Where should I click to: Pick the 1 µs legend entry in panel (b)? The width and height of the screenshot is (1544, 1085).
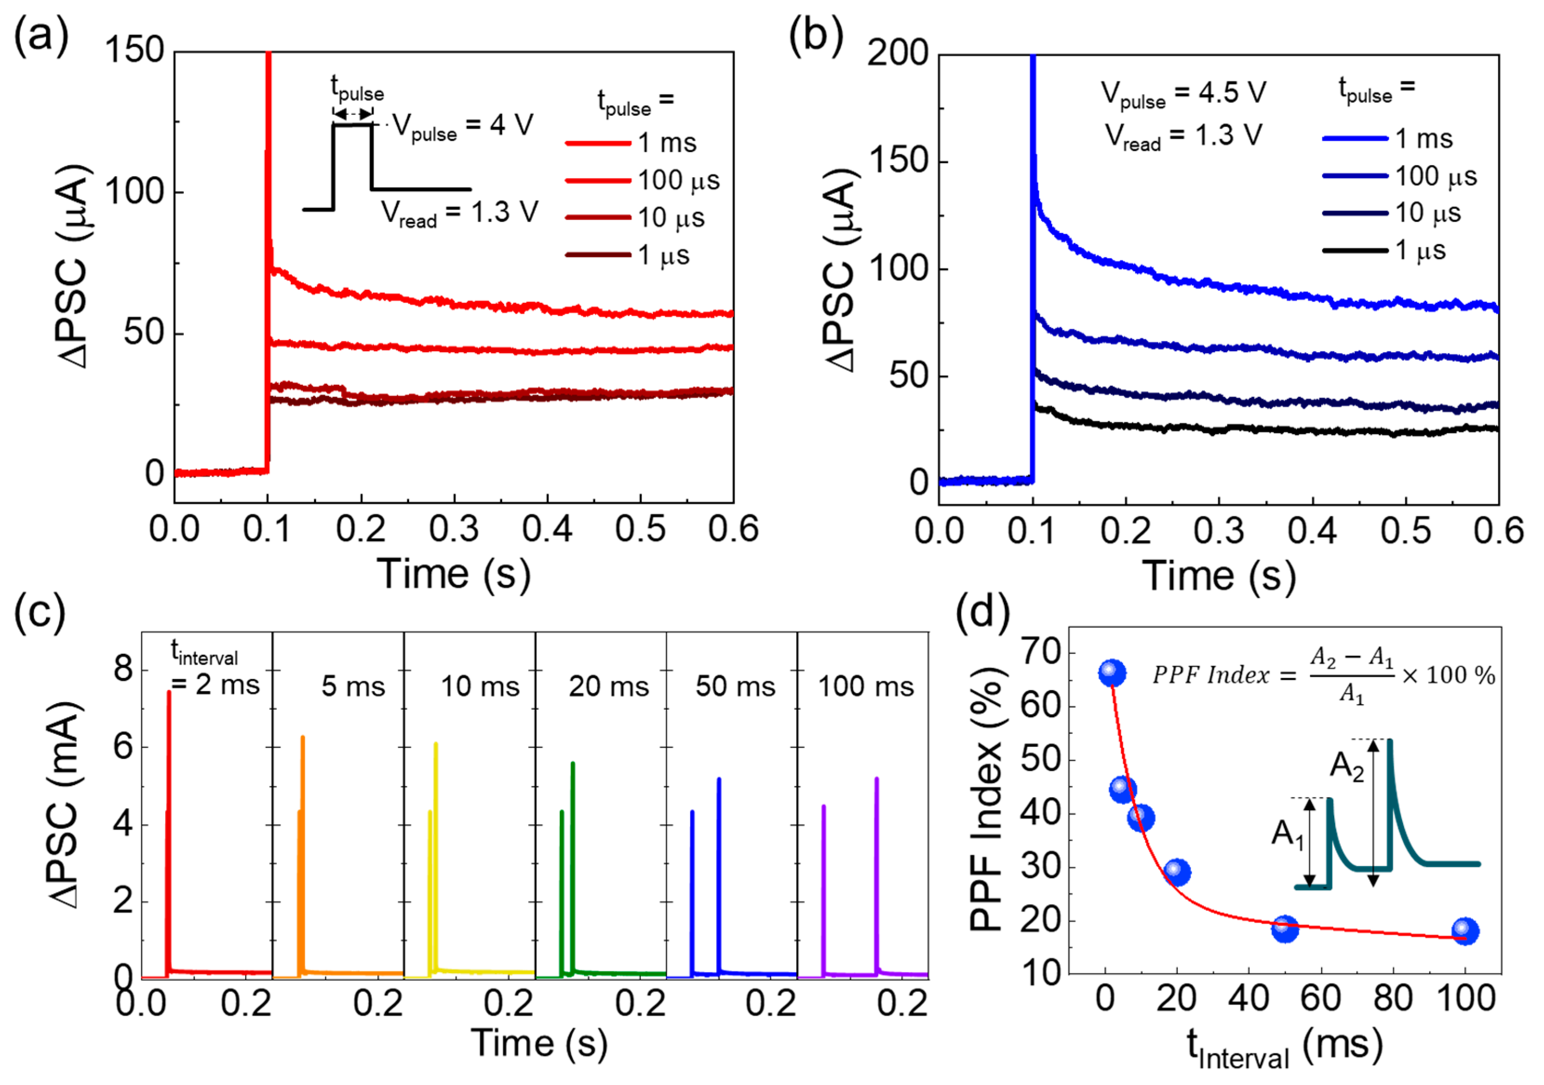[1385, 251]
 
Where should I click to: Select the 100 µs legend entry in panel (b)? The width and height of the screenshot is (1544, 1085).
[1399, 176]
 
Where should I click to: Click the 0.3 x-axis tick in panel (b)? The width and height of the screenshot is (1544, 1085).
[1219, 531]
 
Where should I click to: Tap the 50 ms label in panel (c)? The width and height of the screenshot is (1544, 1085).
[735, 686]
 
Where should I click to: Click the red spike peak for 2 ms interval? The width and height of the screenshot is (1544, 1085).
[169, 692]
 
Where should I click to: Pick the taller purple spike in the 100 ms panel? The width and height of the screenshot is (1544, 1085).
[876, 780]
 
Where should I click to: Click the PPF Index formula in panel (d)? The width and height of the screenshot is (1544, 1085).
[1323, 675]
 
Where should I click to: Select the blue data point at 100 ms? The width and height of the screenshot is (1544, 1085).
[1464, 931]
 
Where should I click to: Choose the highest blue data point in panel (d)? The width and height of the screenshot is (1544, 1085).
[1112, 673]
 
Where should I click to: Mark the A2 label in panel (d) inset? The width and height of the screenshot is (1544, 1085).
[1347, 765]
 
